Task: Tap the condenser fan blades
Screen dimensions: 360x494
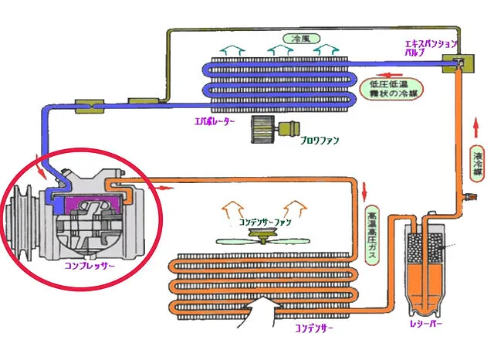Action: tap(265, 241)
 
